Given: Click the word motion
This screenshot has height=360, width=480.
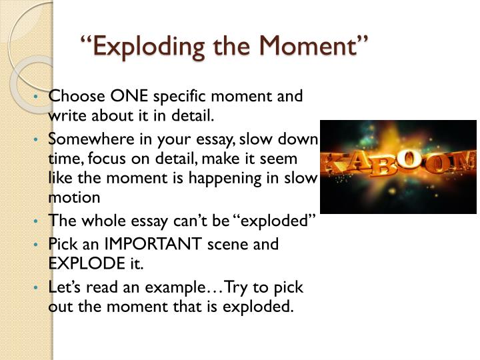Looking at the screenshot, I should click(74, 198).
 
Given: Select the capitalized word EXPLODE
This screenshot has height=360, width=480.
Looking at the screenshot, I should click(83, 263).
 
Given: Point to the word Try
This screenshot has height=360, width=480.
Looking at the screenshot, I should click(237, 287).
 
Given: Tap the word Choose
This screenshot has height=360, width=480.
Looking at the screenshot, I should click(71, 96).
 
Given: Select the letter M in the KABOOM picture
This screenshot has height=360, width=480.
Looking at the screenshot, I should click(467, 160).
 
